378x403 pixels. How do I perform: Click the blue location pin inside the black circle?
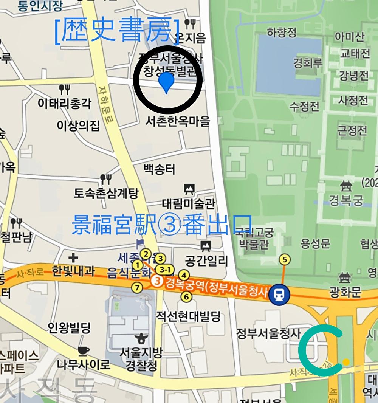pos(166,81)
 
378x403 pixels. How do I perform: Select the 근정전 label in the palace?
pos(352,131)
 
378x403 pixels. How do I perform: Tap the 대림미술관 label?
pos(189,204)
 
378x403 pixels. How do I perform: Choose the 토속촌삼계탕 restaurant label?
pos(106,193)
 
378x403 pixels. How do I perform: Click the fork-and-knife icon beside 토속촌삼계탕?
pos(105,178)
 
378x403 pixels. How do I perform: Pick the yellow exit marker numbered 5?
pos(285,260)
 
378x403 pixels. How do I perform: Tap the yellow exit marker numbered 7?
pos(137,288)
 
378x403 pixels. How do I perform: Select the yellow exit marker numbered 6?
pos(186,296)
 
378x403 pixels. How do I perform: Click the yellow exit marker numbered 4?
pos(184,275)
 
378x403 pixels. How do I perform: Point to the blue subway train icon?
pos(279,294)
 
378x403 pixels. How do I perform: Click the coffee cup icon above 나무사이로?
pos(84,350)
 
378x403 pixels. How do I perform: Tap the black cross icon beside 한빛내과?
pos(73,258)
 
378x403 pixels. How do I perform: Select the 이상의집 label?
pos(78,126)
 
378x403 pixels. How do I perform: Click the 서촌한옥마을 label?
pos(178,121)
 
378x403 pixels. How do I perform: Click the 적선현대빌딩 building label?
pos(189,316)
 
